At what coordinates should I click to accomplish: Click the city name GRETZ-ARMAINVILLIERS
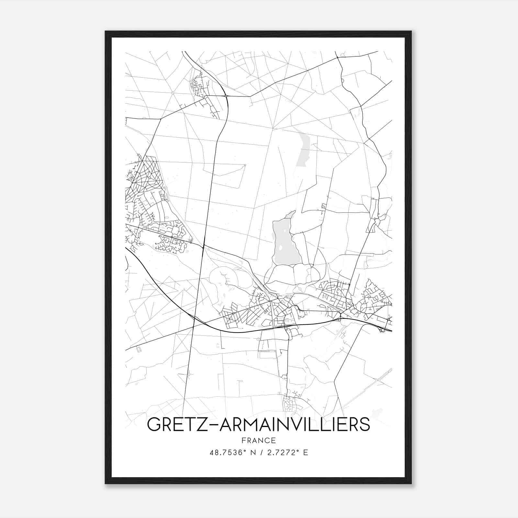pyautogui.click(x=258, y=424)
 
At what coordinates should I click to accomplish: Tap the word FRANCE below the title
pyautogui.click(x=258, y=441)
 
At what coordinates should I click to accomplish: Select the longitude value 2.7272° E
pyautogui.click(x=282, y=453)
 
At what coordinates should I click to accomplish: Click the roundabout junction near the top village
pyautogui.click(x=226, y=96)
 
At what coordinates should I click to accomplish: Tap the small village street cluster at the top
pyautogui.click(x=199, y=85)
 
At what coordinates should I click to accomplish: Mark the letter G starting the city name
pyautogui.click(x=154, y=424)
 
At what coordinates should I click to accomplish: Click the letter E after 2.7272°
pyautogui.click(x=306, y=453)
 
